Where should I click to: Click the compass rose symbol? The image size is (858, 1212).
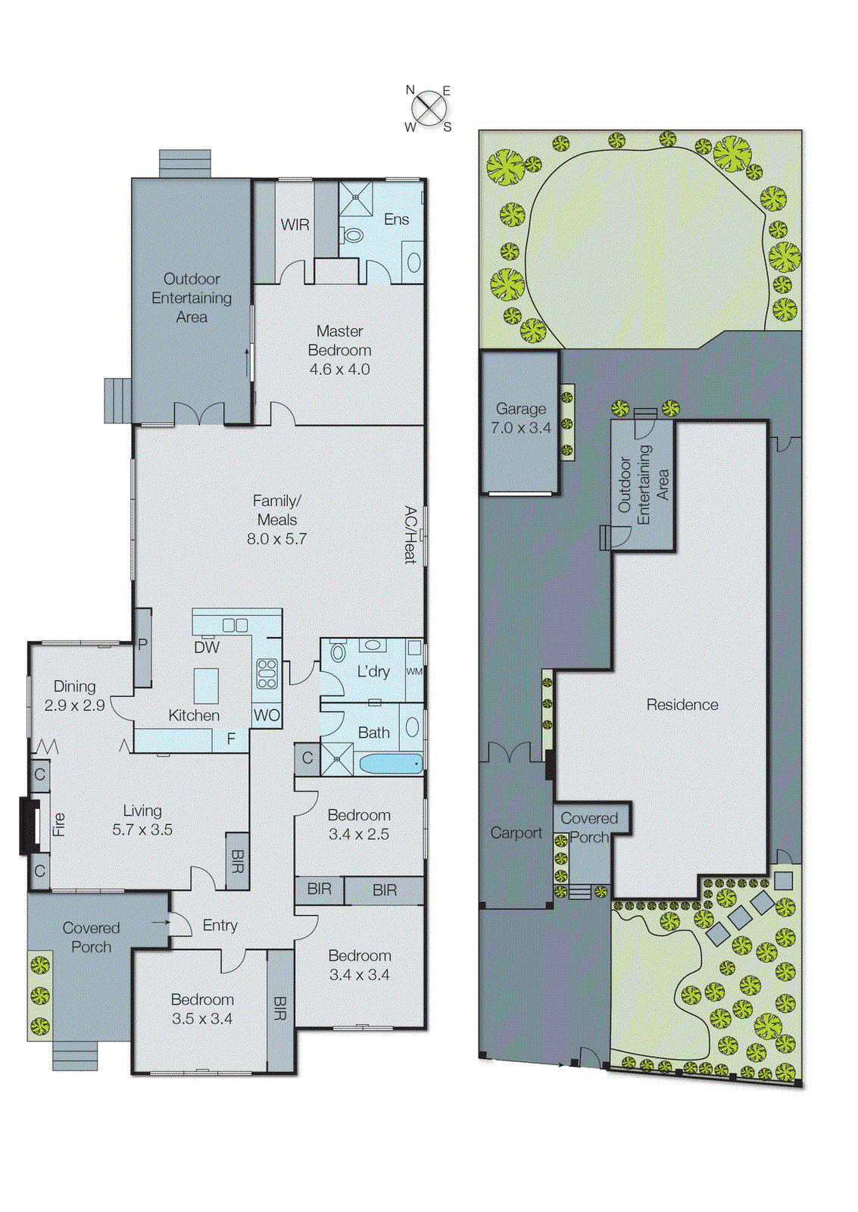click(429, 108)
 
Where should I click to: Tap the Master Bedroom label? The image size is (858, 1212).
click(339, 340)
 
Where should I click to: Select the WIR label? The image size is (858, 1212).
click(295, 225)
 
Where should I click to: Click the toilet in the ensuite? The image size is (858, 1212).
click(352, 236)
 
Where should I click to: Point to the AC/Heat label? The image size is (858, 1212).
click(410, 535)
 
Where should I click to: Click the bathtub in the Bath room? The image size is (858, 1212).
click(390, 764)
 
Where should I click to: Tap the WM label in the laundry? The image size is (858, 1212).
click(414, 671)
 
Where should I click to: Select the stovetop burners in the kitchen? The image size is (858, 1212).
click(267, 673)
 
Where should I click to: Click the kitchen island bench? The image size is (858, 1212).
click(206, 686)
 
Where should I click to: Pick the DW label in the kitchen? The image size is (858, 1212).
click(207, 647)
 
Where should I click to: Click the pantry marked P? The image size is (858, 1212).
click(142, 645)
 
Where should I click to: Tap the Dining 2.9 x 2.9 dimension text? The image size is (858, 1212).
click(74, 705)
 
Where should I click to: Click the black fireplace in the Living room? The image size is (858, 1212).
click(30, 826)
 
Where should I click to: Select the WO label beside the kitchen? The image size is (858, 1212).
click(267, 715)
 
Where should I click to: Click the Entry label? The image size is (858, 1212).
click(220, 926)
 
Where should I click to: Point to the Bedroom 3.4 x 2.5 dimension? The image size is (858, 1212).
click(359, 834)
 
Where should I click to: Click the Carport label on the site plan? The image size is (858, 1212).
click(516, 832)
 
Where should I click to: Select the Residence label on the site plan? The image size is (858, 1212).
click(682, 704)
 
